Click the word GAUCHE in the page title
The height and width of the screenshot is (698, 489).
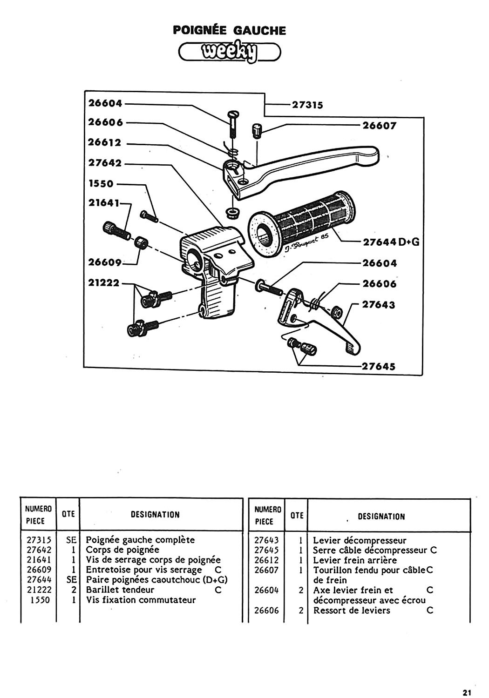pyautogui.click(x=259, y=31)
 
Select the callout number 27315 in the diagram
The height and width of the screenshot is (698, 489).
pyautogui.click(x=307, y=105)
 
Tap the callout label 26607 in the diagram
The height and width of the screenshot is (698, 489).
pyautogui.click(x=379, y=126)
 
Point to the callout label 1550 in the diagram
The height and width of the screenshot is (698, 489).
pyautogui.click(x=101, y=183)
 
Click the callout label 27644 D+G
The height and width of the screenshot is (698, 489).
pyautogui.click(x=391, y=242)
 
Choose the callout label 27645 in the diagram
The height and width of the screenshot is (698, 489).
pyautogui.click(x=379, y=366)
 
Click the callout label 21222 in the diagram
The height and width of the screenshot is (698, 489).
pyautogui.click(x=103, y=282)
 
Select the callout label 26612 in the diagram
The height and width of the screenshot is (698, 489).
pyautogui.click(x=104, y=142)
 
